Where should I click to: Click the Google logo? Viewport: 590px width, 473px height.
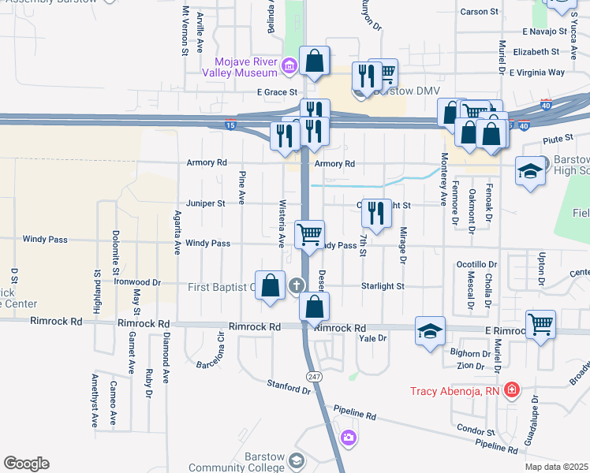click(26, 464)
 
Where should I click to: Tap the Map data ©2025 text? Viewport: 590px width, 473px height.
click(556, 467)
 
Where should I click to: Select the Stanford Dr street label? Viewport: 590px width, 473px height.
click(289, 387)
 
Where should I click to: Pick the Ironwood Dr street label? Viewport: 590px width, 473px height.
click(137, 281)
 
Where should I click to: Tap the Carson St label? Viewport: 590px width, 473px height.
click(480, 12)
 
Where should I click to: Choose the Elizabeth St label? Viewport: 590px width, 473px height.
click(536, 52)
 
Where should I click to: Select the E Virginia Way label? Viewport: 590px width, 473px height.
click(536, 73)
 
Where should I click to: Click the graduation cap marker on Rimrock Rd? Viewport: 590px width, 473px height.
click(431, 331)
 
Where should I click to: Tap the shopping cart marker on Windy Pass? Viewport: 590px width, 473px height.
click(309, 233)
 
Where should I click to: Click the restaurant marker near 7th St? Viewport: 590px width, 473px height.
click(377, 212)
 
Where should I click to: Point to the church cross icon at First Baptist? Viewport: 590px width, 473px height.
click(297, 285)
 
